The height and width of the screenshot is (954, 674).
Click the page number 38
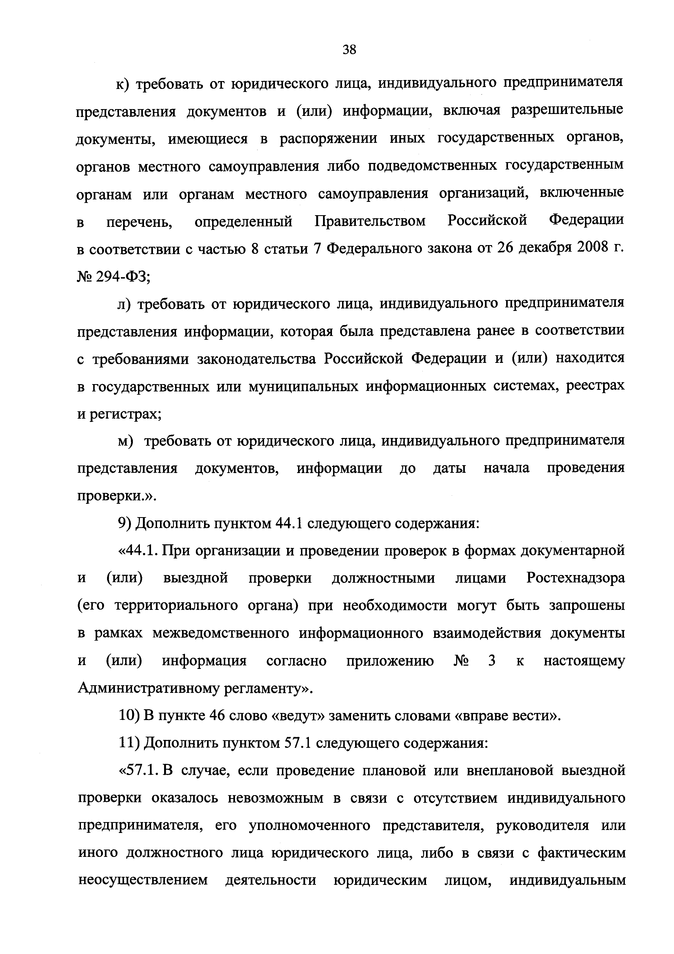coord(349,50)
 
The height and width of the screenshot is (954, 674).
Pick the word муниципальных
coord(303,387)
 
